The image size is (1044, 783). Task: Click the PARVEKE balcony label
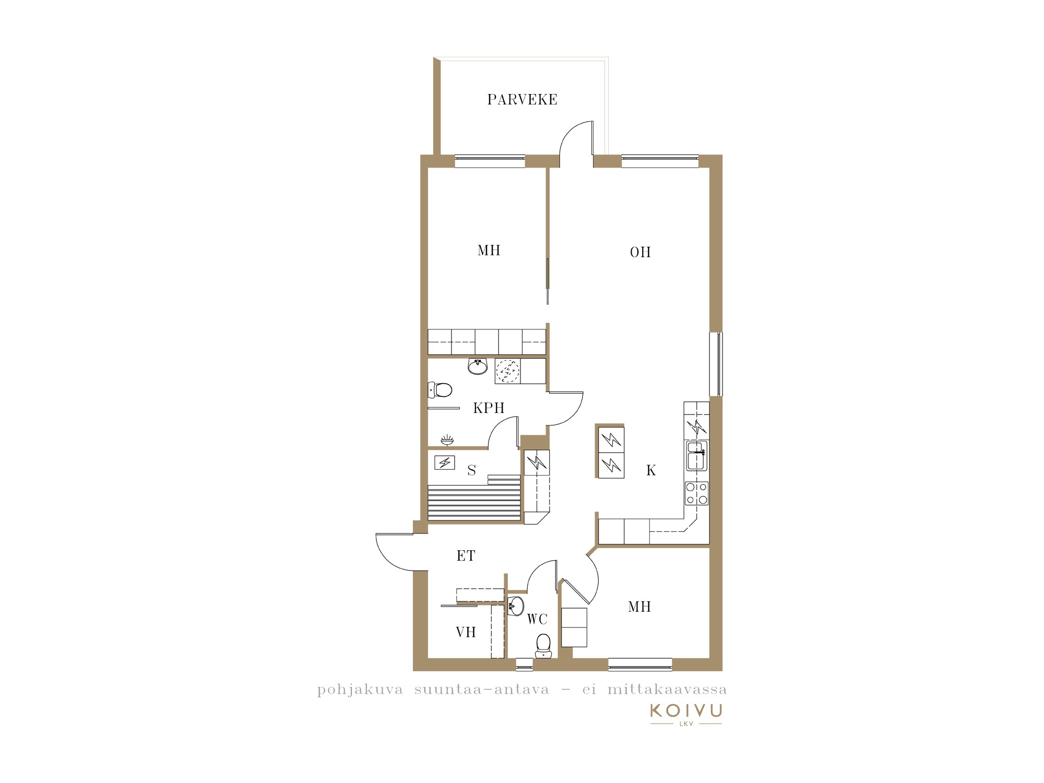point(522,100)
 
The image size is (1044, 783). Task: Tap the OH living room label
point(640,252)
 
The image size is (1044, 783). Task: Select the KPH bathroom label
point(489,408)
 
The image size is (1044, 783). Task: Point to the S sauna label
point(472,470)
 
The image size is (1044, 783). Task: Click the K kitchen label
point(651,470)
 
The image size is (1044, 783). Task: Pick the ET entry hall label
point(466,556)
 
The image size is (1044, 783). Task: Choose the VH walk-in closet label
point(466,632)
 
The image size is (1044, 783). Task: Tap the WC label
point(537,619)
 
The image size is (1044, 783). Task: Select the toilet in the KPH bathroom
point(440,390)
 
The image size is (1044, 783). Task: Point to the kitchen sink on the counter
point(696,456)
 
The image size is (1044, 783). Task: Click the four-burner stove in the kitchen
point(696,493)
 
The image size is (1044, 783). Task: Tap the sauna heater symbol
point(445,462)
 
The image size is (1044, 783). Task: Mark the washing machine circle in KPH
point(507,371)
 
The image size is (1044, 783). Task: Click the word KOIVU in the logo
point(686,710)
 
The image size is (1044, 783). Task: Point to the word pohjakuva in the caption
point(360,690)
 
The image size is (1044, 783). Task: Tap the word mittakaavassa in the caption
point(667,690)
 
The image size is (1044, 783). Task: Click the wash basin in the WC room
point(516,606)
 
